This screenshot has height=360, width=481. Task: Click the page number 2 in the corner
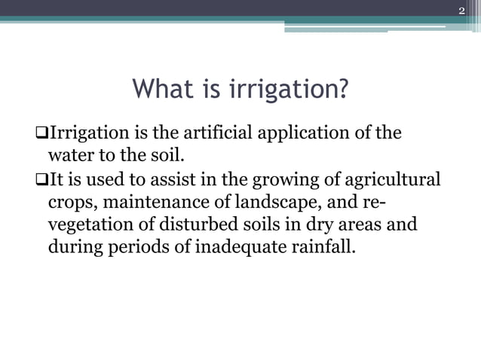[x=462, y=10]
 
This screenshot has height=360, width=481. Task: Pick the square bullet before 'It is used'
[x=41, y=181]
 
